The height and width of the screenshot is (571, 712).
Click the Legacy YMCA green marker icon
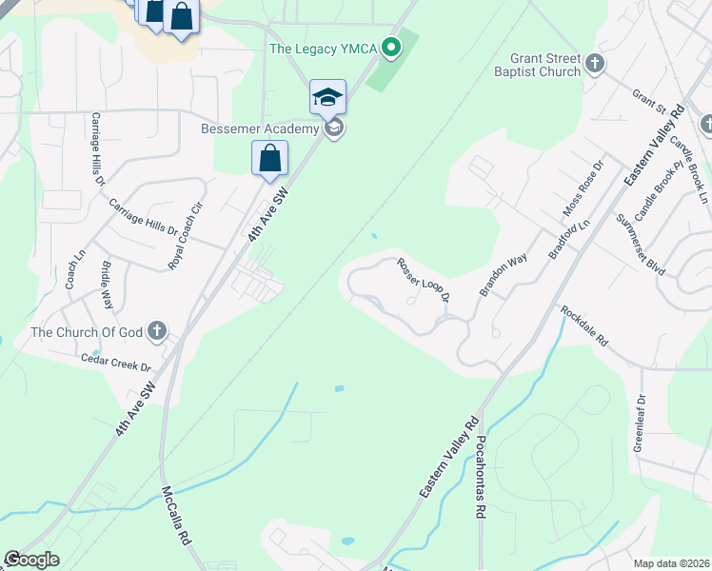(x=390, y=47)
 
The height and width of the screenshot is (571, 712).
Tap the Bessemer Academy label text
(x=259, y=128)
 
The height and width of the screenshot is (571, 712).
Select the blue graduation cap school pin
(x=327, y=96)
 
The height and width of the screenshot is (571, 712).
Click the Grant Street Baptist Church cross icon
(x=595, y=64)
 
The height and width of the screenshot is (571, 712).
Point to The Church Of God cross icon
(x=158, y=331)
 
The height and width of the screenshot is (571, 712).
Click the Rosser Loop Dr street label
(x=423, y=280)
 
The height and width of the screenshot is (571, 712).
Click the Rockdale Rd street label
(x=583, y=325)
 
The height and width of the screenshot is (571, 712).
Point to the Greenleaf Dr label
(x=641, y=423)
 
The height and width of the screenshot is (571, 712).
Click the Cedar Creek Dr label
(x=116, y=362)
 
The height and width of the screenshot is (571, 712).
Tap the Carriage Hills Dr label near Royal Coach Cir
(x=143, y=217)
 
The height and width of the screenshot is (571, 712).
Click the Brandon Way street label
(x=504, y=276)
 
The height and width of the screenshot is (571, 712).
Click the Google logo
(x=31, y=560)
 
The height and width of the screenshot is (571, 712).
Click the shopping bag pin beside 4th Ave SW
(x=269, y=158)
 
